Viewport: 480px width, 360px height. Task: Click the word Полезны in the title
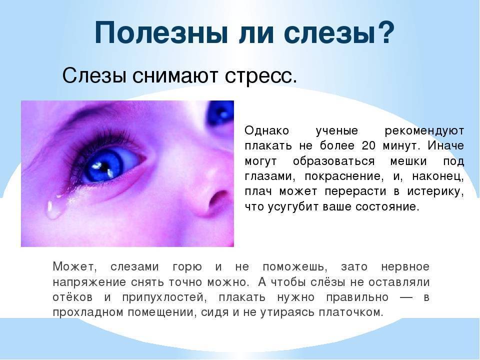click(x=162, y=33)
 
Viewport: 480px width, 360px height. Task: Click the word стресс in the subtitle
click(x=261, y=75)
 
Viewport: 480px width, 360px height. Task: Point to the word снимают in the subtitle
click(x=175, y=75)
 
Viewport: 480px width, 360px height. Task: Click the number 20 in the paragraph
click(x=368, y=145)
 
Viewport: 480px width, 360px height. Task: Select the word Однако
click(x=266, y=130)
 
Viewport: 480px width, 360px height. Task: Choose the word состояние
click(x=387, y=207)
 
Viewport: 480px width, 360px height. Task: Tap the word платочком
click(x=351, y=312)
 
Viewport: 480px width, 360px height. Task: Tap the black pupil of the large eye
click(x=105, y=167)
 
